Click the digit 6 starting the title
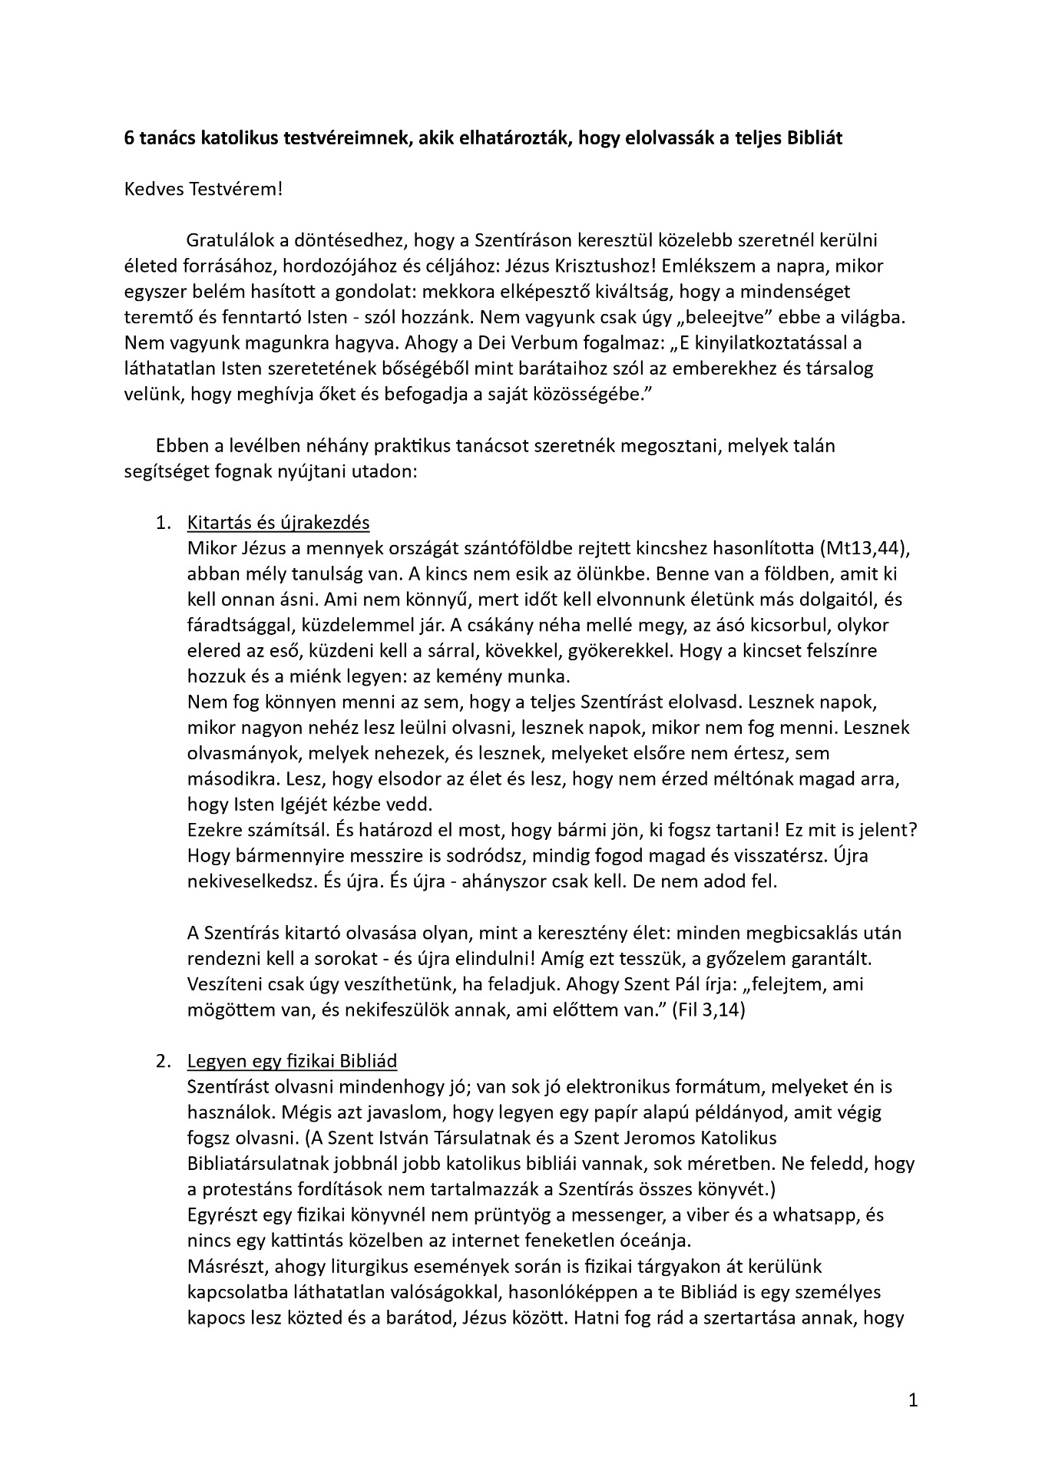click(129, 138)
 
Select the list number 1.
click(161, 523)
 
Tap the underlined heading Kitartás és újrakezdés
click(278, 523)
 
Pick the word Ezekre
click(212, 830)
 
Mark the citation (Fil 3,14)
click(709, 1010)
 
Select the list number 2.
click(161, 1061)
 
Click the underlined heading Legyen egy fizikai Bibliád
click(292, 1061)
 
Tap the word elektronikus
click(628, 1086)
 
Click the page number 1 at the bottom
click(913, 1400)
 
